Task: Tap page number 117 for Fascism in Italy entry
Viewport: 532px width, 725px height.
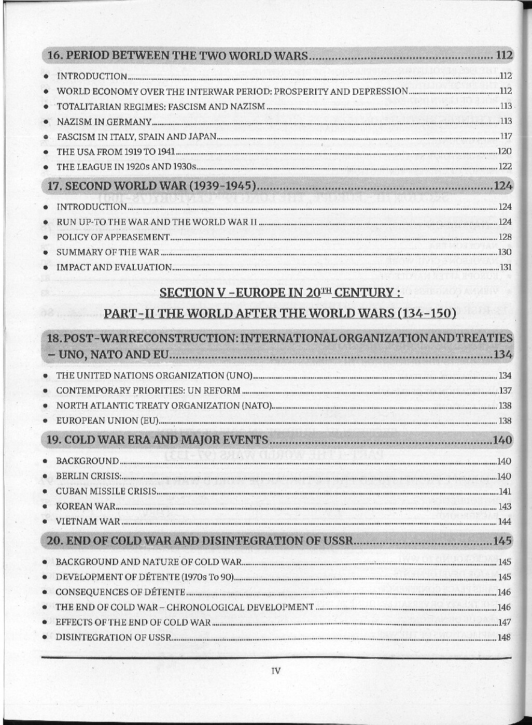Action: tap(506, 137)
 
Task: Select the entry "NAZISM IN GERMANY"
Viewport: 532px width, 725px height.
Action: tap(104, 122)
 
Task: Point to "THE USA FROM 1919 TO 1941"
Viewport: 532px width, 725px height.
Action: tap(115, 152)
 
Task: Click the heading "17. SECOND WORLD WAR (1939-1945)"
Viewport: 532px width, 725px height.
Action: tap(152, 186)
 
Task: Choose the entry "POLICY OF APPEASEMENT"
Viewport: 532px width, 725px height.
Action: tap(113, 237)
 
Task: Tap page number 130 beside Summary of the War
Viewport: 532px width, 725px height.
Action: tap(505, 252)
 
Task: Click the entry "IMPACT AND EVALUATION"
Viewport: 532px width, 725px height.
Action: tap(114, 267)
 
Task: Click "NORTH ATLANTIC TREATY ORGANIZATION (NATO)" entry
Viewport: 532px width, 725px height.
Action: tap(164, 405)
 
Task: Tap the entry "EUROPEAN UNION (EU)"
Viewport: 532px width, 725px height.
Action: tap(107, 421)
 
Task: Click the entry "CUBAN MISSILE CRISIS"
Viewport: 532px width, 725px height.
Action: tap(106, 491)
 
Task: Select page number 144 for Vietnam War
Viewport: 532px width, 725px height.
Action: tap(505, 521)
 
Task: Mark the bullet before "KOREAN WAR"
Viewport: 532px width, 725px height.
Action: tap(46, 506)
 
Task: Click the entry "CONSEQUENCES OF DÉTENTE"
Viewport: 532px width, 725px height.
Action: tap(120, 592)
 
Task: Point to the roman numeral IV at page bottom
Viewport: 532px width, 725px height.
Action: tap(276, 671)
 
